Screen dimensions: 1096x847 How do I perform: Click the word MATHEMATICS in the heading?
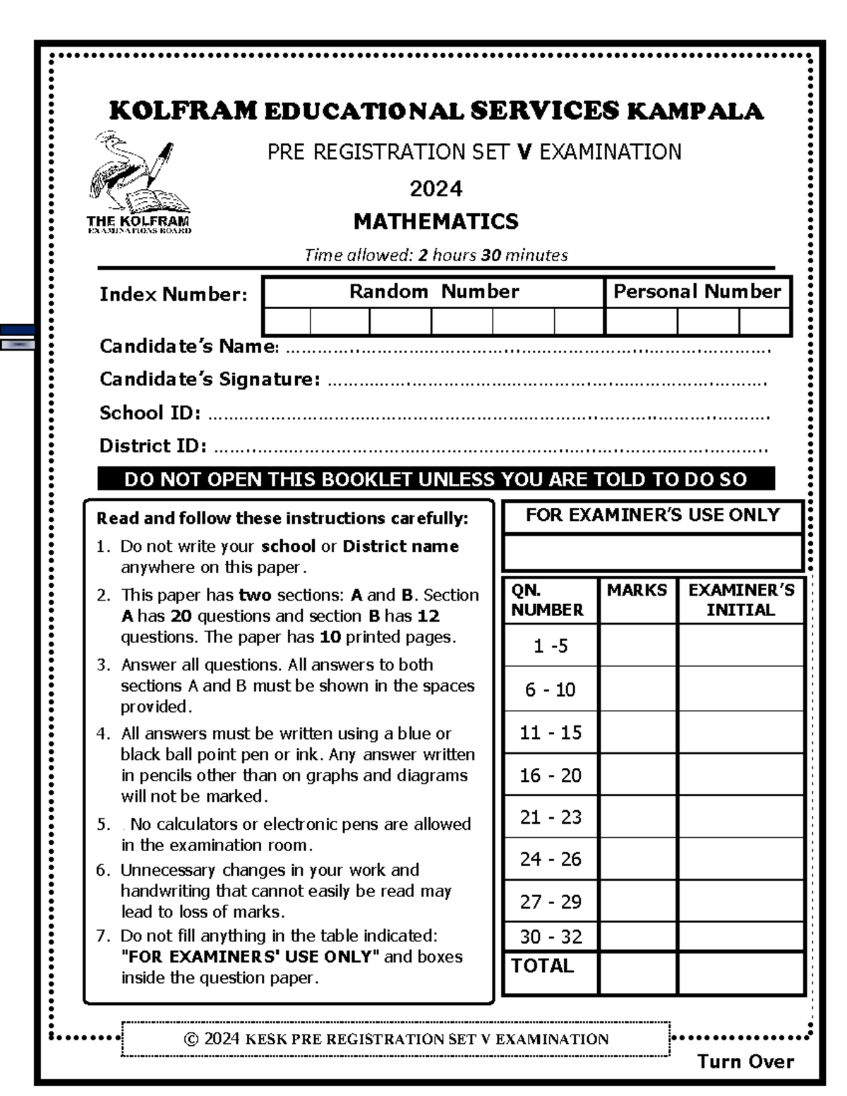[x=435, y=222]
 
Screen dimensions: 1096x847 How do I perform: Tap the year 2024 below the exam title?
[x=435, y=189]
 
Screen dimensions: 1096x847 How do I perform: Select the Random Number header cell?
[x=433, y=291]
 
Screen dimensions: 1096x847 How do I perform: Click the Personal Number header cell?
[x=697, y=291]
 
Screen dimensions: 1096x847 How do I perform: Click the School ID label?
[x=150, y=413]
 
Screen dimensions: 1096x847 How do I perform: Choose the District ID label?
[x=152, y=446]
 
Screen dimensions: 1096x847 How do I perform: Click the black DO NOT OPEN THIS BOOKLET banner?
[x=435, y=479]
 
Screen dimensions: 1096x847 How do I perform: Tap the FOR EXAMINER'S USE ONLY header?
[x=652, y=515]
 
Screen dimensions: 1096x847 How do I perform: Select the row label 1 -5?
[x=550, y=646]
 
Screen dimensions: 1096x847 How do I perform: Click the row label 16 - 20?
[x=550, y=776]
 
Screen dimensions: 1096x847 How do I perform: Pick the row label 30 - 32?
[x=550, y=937]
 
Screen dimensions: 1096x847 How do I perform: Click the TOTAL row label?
[x=541, y=966]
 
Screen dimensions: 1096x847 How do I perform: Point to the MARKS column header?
[x=637, y=591]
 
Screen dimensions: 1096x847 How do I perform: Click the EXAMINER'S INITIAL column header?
[x=740, y=600]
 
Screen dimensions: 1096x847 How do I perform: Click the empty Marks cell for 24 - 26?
[x=637, y=859]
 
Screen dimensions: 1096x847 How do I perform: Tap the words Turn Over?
[x=745, y=1061]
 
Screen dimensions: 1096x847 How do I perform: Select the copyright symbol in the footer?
[x=191, y=1040]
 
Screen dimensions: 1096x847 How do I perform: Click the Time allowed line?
[x=435, y=255]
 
